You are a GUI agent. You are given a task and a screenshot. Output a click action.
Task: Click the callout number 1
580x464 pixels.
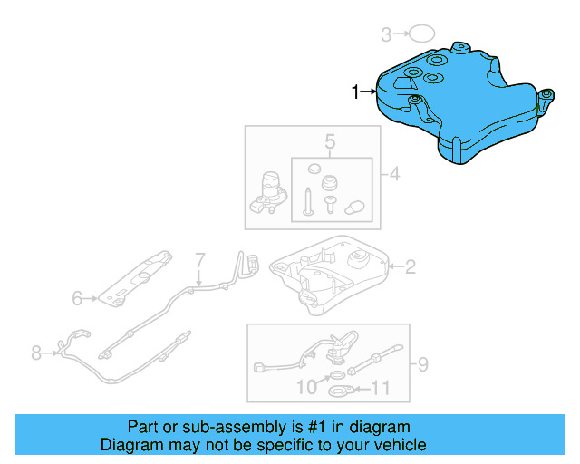(x=356, y=91)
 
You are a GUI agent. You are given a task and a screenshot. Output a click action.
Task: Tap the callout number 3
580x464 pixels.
(x=386, y=35)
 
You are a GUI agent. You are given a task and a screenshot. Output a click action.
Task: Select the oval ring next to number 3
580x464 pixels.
(x=420, y=34)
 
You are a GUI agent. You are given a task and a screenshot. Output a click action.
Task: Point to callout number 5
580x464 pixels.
(x=331, y=141)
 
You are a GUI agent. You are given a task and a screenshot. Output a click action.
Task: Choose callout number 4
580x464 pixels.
(x=395, y=173)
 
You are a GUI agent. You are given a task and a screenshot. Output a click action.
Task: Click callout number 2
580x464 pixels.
(x=410, y=266)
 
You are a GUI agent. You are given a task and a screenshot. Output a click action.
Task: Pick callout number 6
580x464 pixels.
(x=78, y=297)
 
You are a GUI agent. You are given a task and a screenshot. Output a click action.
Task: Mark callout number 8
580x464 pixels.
(x=36, y=353)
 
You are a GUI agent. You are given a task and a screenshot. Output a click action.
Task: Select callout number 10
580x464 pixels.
(x=307, y=388)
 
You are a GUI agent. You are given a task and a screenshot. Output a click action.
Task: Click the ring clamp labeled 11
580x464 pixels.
(x=340, y=391)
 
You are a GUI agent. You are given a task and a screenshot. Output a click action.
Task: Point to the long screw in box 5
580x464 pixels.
(x=310, y=198)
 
